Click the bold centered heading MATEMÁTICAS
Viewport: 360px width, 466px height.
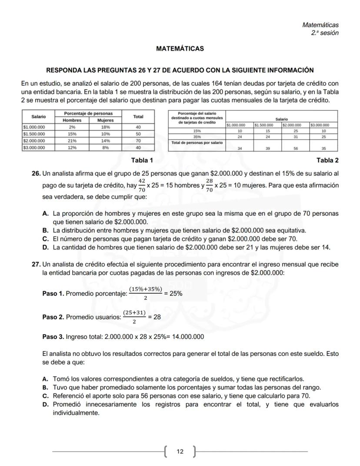point(180,49)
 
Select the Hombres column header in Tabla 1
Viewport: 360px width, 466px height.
point(72,120)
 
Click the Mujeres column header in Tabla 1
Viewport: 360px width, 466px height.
point(105,120)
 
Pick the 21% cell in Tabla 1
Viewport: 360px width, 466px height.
point(72,141)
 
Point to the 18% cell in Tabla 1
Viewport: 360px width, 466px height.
point(105,127)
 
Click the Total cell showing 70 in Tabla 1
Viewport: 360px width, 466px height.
point(139,141)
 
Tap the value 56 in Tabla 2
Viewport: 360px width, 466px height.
point(296,148)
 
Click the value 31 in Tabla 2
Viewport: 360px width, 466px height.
point(296,137)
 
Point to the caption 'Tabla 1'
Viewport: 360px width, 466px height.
point(142,161)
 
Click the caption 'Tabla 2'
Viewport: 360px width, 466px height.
point(327,161)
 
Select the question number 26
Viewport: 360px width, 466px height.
point(36,174)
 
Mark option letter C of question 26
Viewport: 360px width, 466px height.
point(45,239)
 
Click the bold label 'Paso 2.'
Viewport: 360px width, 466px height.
point(53,317)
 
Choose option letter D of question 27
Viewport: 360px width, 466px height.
point(45,404)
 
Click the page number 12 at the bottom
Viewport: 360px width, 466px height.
point(180,452)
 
